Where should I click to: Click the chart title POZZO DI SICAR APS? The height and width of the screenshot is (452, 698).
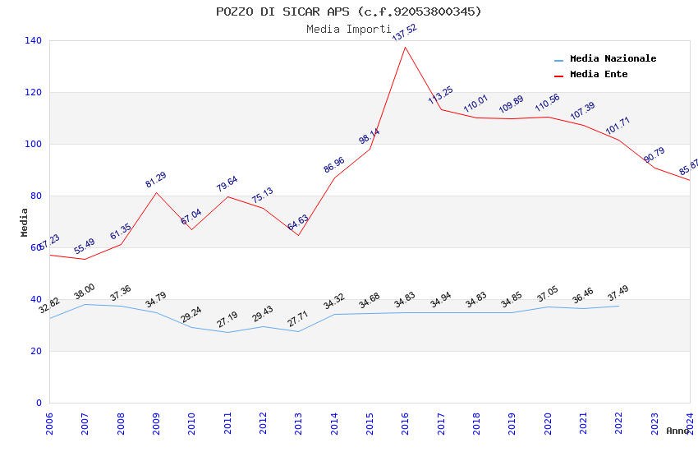click(x=348, y=12)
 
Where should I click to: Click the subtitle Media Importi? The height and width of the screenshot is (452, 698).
click(x=348, y=29)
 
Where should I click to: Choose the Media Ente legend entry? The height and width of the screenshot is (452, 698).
click(x=598, y=75)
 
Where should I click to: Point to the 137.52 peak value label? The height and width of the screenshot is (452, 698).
click(x=405, y=33)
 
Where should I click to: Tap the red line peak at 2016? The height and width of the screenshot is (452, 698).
click(x=406, y=47)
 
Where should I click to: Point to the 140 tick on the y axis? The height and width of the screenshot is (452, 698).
click(x=34, y=40)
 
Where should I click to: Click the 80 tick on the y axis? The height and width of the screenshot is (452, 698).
click(x=36, y=196)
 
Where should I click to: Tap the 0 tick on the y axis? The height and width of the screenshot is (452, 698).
click(x=39, y=403)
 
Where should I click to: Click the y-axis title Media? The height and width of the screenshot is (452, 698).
click(x=25, y=222)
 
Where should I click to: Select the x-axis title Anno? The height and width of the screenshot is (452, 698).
click(x=677, y=431)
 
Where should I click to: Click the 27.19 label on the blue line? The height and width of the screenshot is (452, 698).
click(x=227, y=320)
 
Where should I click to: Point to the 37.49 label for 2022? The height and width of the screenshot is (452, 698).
click(x=618, y=293)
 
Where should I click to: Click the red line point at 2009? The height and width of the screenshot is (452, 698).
click(x=156, y=192)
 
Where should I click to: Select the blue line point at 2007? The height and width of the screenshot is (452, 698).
click(x=85, y=304)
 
